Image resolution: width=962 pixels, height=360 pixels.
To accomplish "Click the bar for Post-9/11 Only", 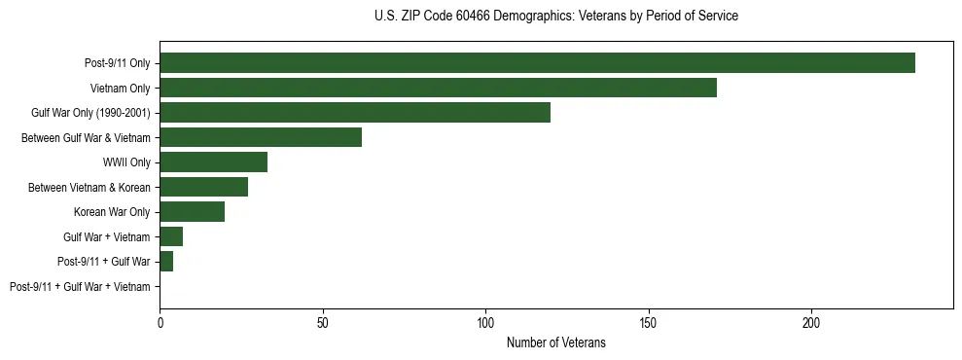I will (537, 63).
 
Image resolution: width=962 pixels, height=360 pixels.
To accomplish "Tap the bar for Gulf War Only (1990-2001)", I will (355, 113).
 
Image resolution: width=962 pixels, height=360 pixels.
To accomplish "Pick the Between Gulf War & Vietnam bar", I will (261, 137).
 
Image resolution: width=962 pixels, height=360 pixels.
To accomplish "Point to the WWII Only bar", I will (213, 162).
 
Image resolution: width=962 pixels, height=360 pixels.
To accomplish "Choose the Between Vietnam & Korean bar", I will (203, 187).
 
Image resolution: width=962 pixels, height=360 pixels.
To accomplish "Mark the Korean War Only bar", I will (192, 212).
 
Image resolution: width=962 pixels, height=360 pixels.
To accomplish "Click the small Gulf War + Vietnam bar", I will (171, 236).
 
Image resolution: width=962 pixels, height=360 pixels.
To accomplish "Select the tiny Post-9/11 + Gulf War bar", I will (166, 262).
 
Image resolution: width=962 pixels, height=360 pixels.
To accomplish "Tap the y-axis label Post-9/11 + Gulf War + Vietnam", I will (80, 287).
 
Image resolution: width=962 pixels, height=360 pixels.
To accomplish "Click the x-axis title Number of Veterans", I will (555, 342).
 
